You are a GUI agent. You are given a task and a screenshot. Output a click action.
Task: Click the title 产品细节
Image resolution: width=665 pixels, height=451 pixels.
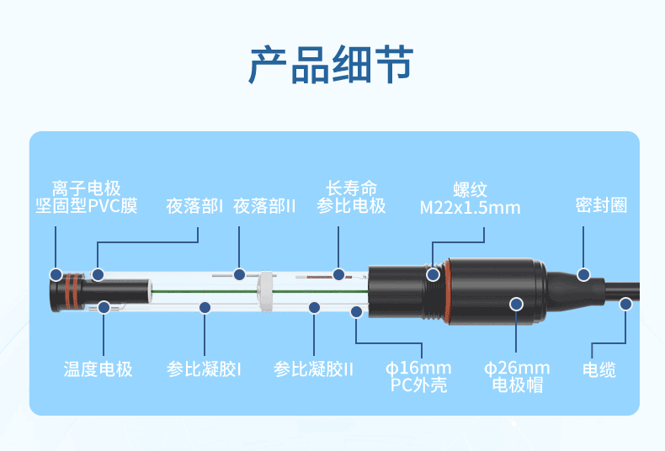[x=331, y=65]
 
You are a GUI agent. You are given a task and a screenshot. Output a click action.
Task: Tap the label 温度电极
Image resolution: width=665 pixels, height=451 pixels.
[x=98, y=369]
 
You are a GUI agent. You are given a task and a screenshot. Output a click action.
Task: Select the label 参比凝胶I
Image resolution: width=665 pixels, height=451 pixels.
[x=204, y=369]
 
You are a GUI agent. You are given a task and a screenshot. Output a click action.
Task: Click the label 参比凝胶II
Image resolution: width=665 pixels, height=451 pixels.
[x=313, y=369]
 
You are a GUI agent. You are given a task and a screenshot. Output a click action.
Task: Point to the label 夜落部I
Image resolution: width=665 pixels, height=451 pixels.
[x=194, y=206]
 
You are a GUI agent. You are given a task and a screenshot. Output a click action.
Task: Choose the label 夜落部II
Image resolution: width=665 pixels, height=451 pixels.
[x=264, y=206]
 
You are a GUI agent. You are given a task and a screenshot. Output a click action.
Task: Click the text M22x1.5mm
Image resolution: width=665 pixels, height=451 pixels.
[x=470, y=208]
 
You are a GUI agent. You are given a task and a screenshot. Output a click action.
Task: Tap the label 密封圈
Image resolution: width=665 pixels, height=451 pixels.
[x=601, y=205]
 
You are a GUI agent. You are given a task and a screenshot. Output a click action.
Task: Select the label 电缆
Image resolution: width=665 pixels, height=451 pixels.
[x=599, y=369]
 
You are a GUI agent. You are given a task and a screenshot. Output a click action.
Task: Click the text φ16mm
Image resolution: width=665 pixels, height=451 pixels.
[x=418, y=368]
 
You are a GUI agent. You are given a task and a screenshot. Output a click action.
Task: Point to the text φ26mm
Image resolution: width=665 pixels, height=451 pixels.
[x=517, y=368]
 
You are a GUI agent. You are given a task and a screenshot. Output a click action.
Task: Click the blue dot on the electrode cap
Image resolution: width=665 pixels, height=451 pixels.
[x=516, y=304]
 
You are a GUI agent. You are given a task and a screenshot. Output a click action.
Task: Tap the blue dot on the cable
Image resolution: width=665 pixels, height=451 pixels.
[x=625, y=304]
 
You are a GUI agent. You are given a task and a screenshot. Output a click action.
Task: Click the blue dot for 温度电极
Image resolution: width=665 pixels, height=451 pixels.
[x=104, y=307]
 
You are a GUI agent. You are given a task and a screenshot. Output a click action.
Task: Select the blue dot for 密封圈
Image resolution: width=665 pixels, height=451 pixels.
[x=583, y=274]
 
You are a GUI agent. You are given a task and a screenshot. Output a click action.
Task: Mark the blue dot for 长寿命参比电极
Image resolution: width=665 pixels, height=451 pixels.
[x=338, y=274]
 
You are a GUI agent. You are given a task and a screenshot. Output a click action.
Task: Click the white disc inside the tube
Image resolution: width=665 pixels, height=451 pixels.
[x=265, y=292]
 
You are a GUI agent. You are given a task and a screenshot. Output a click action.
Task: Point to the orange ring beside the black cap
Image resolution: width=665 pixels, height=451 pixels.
[x=448, y=293]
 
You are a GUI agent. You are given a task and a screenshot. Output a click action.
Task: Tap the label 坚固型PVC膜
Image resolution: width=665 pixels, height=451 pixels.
[x=87, y=205]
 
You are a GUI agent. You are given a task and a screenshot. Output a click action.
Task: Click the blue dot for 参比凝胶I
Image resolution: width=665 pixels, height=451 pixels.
[x=205, y=307]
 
